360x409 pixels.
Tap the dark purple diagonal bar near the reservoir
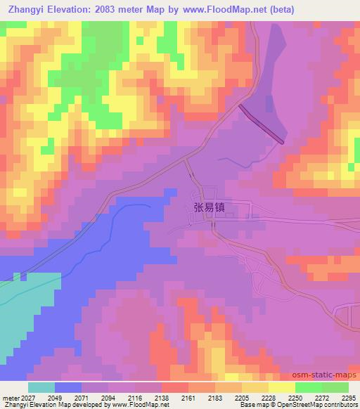(262, 124)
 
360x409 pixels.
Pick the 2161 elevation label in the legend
(188, 398)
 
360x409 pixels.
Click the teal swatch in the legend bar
(41, 387)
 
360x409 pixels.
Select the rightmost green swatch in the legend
(335, 387)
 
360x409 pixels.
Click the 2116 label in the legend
(135, 398)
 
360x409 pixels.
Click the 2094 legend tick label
(108, 398)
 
